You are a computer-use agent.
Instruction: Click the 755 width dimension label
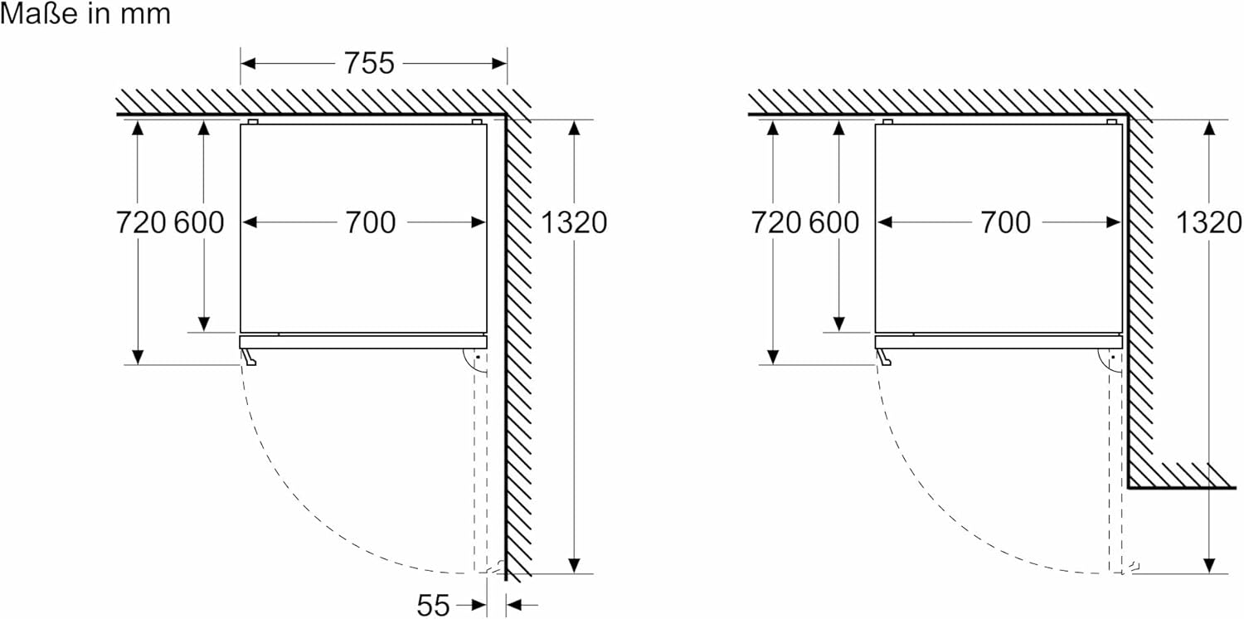pyautogui.click(x=370, y=64)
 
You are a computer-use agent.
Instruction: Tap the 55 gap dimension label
pyautogui.click(x=433, y=606)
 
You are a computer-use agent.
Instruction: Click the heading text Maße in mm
pyautogui.click(x=85, y=15)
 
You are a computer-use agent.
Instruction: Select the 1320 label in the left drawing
pyautogui.click(x=574, y=222)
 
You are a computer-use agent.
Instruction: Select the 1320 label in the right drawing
pyautogui.click(x=1209, y=222)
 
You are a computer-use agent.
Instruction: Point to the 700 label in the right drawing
pyautogui.click(x=1005, y=222)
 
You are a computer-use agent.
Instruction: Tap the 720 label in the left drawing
pyautogui.click(x=140, y=222)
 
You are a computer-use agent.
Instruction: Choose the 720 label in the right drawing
pyautogui.click(x=775, y=222)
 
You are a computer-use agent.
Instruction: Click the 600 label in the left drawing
pyautogui.click(x=199, y=222)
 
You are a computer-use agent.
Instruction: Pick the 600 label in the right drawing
pyautogui.click(x=834, y=222)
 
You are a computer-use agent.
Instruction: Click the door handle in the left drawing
pyautogui.click(x=249, y=357)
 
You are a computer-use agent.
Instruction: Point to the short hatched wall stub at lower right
pyautogui.click(x=1182, y=476)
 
